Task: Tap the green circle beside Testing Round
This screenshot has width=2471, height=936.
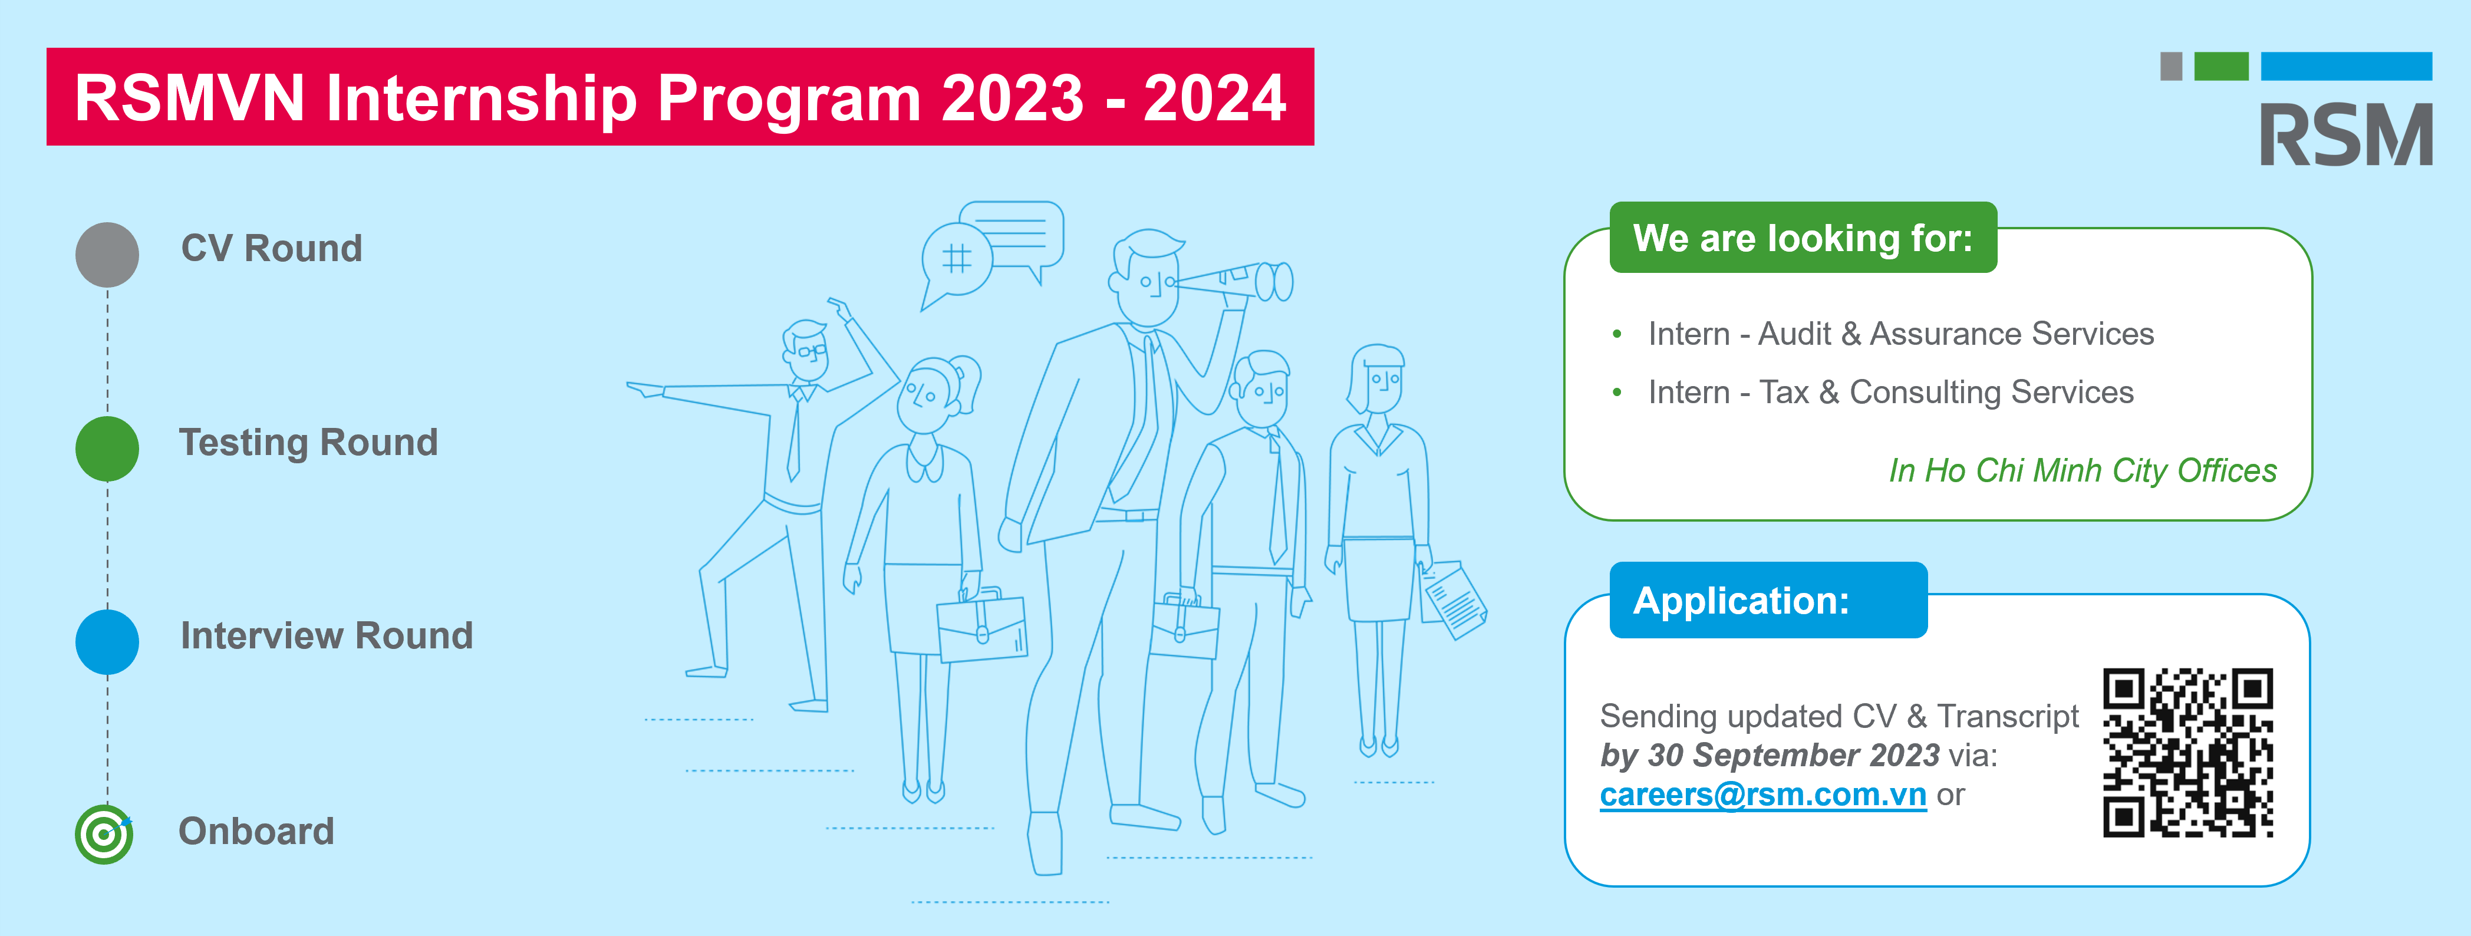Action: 107,449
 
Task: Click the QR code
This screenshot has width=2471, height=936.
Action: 2188,753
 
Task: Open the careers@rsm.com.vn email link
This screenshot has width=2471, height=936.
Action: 1763,795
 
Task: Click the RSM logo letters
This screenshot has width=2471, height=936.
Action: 2345,134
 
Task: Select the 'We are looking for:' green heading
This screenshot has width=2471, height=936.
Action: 1803,238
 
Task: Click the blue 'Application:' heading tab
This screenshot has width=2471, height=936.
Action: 1768,601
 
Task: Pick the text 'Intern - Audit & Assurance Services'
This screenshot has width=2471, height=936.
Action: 1901,334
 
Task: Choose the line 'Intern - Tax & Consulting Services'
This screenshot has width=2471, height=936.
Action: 1890,392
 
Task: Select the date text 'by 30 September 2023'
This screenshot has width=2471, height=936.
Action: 1770,756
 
